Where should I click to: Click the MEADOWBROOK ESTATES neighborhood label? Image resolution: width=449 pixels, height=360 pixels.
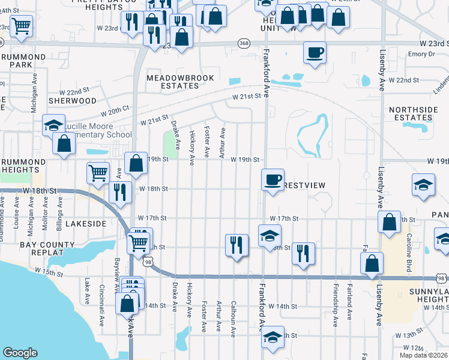[173, 81]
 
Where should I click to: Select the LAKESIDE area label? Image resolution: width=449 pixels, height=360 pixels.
[86, 223]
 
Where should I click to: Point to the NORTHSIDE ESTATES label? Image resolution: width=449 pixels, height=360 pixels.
[411, 113]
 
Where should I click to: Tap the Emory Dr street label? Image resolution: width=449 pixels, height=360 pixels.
[420, 54]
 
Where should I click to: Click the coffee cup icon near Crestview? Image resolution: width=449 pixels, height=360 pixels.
[273, 179]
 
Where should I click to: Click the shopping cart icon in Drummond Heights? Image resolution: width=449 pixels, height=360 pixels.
[98, 173]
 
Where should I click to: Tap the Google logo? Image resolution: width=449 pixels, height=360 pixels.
[20, 353]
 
